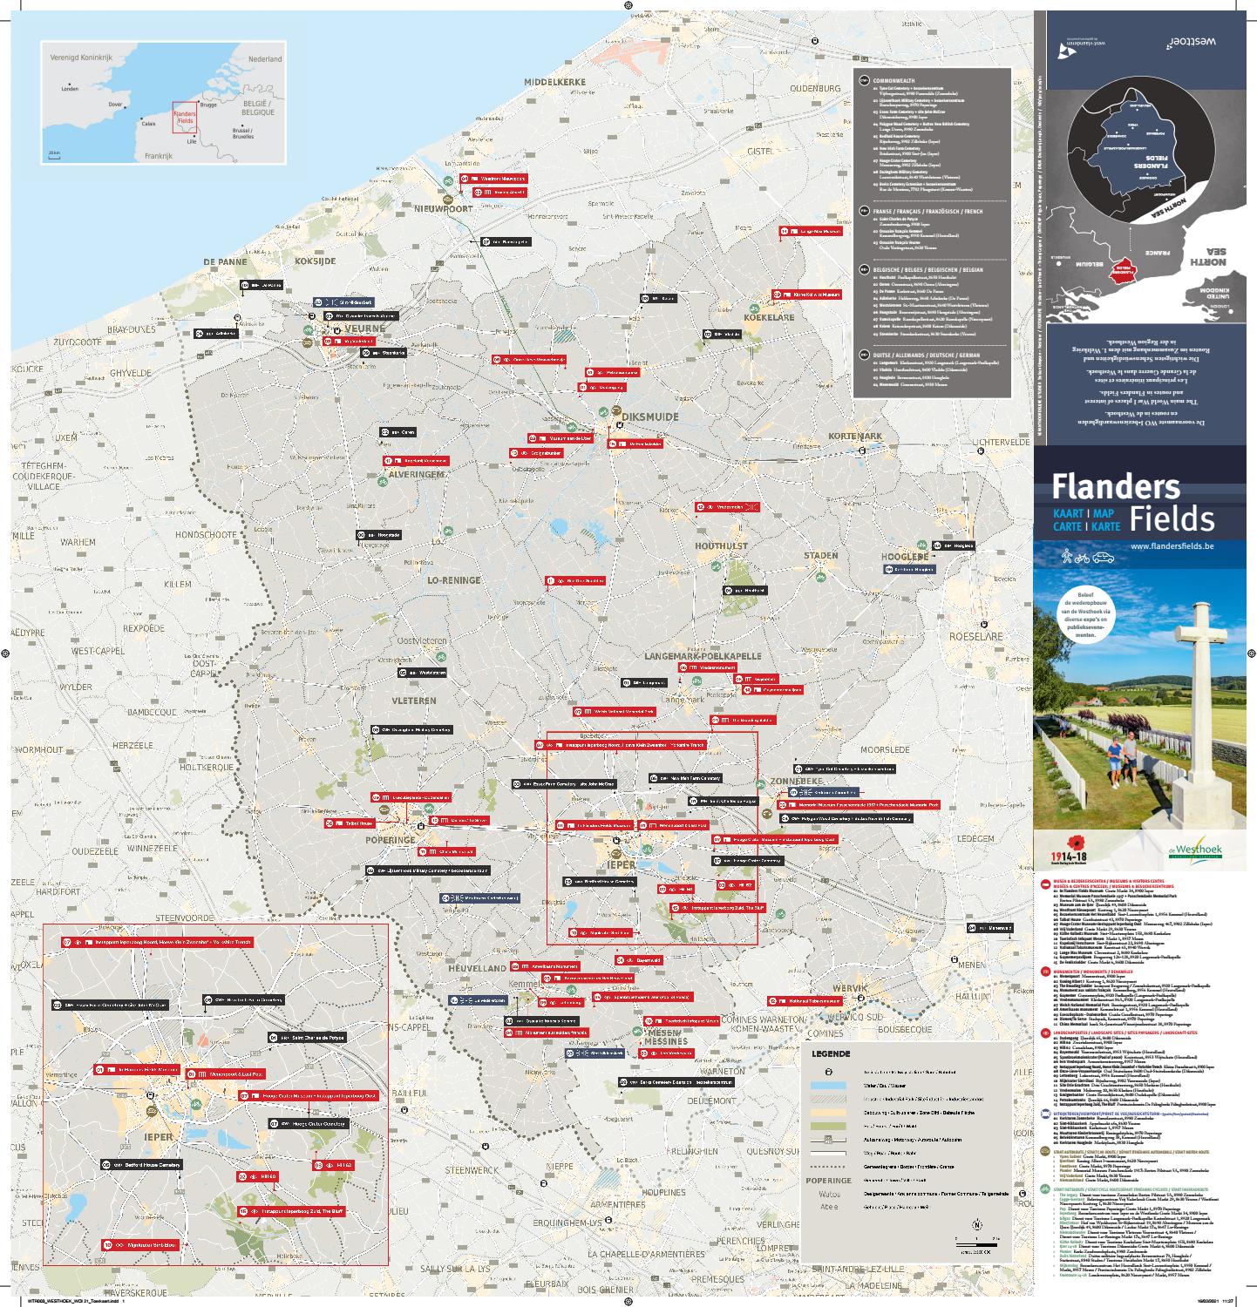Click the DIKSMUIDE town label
click(649, 417)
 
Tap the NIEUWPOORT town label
click(444, 209)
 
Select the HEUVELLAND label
click(476, 968)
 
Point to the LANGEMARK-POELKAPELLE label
click(703, 656)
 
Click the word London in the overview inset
click(70, 89)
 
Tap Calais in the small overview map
click(148, 124)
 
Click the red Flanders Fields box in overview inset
click(184, 118)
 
